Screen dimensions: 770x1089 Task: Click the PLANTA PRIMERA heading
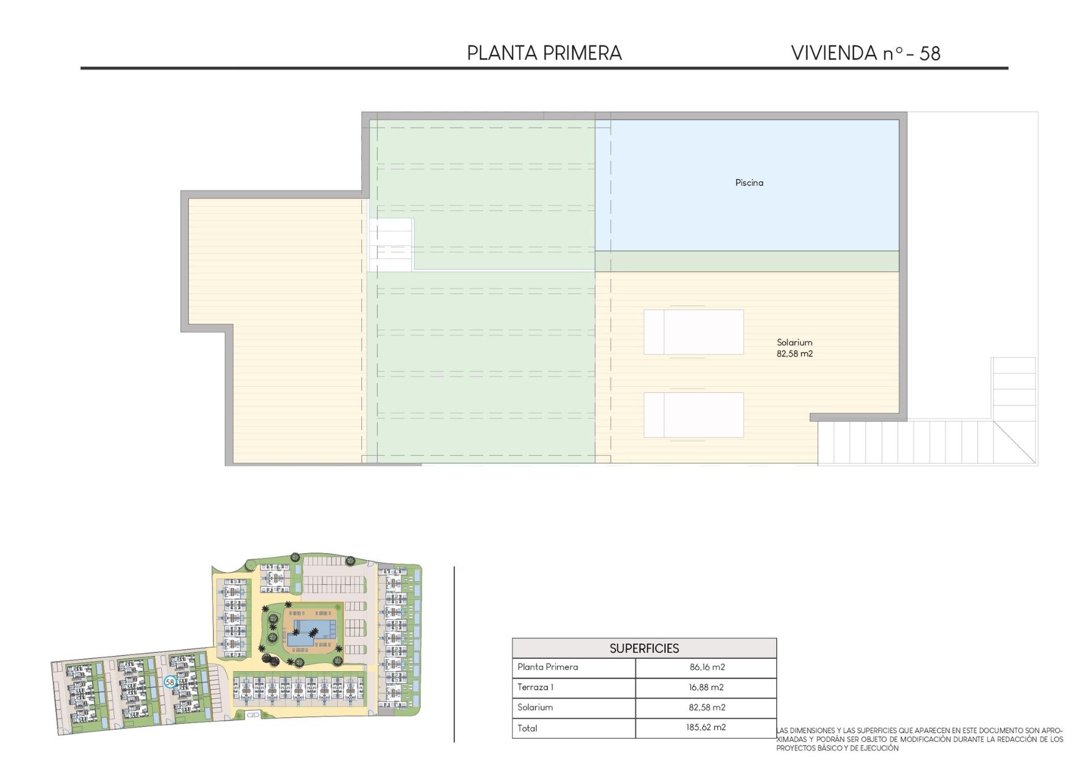pyautogui.click(x=544, y=53)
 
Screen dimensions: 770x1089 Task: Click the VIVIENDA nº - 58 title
pyautogui.click(x=865, y=53)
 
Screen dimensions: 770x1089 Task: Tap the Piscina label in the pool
pyautogui.click(x=749, y=183)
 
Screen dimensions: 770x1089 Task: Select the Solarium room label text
pyautogui.click(x=794, y=342)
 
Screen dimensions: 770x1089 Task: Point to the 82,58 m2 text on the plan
pyautogui.click(x=794, y=354)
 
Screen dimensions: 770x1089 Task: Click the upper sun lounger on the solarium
pyautogui.click(x=693, y=332)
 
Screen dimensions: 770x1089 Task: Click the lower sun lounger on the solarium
pyautogui.click(x=693, y=415)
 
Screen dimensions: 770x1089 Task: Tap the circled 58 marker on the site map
pyautogui.click(x=170, y=682)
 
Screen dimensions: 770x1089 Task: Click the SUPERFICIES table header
pyautogui.click(x=644, y=648)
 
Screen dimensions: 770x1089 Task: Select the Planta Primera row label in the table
pyautogui.click(x=547, y=667)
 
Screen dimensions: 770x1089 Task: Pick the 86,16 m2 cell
pyautogui.click(x=707, y=667)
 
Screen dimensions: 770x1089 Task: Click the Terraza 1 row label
pyautogui.click(x=535, y=687)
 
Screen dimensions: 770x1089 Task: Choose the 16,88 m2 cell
pyautogui.click(x=706, y=687)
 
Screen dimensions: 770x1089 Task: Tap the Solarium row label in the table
pyautogui.click(x=534, y=708)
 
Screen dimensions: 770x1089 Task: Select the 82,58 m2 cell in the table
pyautogui.click(x=706, y=708)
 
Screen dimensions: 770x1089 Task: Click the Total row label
pyautogui.click(x=527, y=728)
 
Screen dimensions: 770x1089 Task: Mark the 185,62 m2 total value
pyautogui.click(x=706, y=727)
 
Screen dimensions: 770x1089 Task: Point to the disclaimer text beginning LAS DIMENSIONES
pyautogui.click(x=919, y=739)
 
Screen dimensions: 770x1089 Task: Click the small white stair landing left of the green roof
pyautogui.click(x=391, y=244)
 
